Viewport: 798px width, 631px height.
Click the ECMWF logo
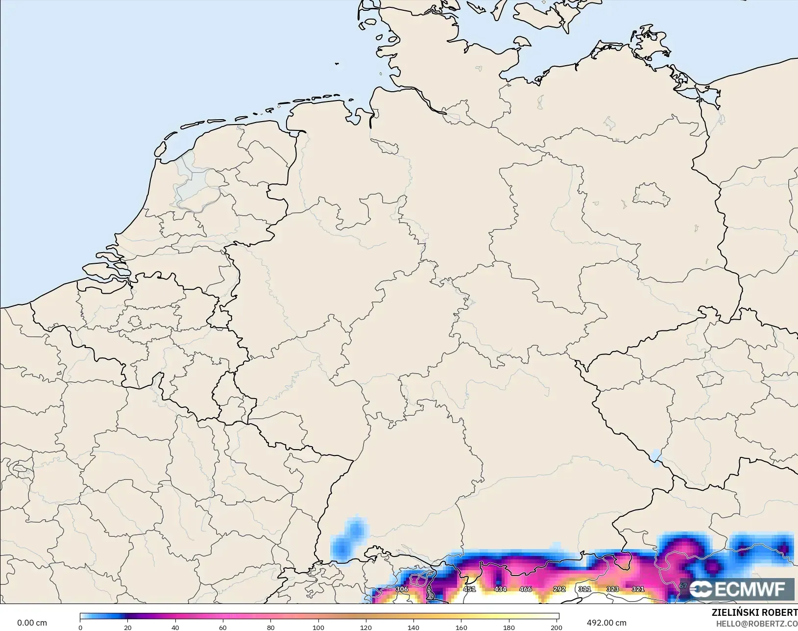742,589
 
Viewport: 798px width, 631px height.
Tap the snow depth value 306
402,589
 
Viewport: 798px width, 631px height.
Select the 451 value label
469,589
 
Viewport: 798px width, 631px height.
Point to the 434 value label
500,589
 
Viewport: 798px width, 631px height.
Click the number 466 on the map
526,589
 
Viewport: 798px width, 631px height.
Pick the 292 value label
559,589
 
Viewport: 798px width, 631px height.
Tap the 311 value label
584,589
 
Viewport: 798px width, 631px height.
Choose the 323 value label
613,589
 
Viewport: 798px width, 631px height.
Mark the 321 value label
638,589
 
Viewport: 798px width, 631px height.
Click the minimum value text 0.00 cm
32,623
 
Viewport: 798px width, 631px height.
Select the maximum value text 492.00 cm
606,623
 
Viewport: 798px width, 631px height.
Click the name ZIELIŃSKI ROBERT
754,613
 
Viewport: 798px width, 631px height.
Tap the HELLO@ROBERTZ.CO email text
757,624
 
